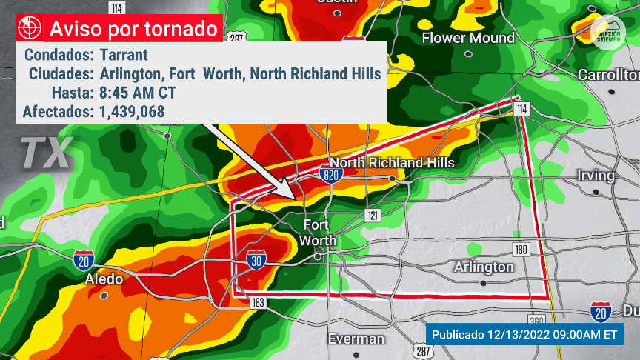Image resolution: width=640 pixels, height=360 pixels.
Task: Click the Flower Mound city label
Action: [x=467, y=38]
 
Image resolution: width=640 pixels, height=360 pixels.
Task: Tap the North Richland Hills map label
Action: [x=392, y=163]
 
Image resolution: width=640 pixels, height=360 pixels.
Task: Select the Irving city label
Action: [x=596, y=176]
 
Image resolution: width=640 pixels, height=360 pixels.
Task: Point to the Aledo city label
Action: [x=104, y=279]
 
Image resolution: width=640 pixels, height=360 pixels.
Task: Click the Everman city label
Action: [x=356, y=339]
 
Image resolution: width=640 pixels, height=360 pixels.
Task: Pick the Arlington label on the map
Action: [x=483, y=267]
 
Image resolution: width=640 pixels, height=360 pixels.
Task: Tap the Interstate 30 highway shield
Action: [x=256, y=260]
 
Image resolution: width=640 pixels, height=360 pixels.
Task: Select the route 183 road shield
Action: [x=259, y=303]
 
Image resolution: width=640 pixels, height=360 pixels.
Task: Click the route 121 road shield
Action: [x=372, y=215]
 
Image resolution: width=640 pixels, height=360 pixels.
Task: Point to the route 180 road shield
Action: [x=521, y=249]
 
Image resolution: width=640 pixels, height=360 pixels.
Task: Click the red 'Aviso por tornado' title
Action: [x=134, y=29]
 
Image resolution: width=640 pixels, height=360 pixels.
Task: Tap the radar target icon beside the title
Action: [x=30, y=29]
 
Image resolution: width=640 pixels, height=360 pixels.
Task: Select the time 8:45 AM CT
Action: [x=137, y=93]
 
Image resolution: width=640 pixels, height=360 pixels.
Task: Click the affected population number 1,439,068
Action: [x=131, y=112]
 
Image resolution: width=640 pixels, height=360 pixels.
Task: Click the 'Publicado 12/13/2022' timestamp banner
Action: [x=524, y=334]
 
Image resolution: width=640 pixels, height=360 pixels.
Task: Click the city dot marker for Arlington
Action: [x=483, y=283]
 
